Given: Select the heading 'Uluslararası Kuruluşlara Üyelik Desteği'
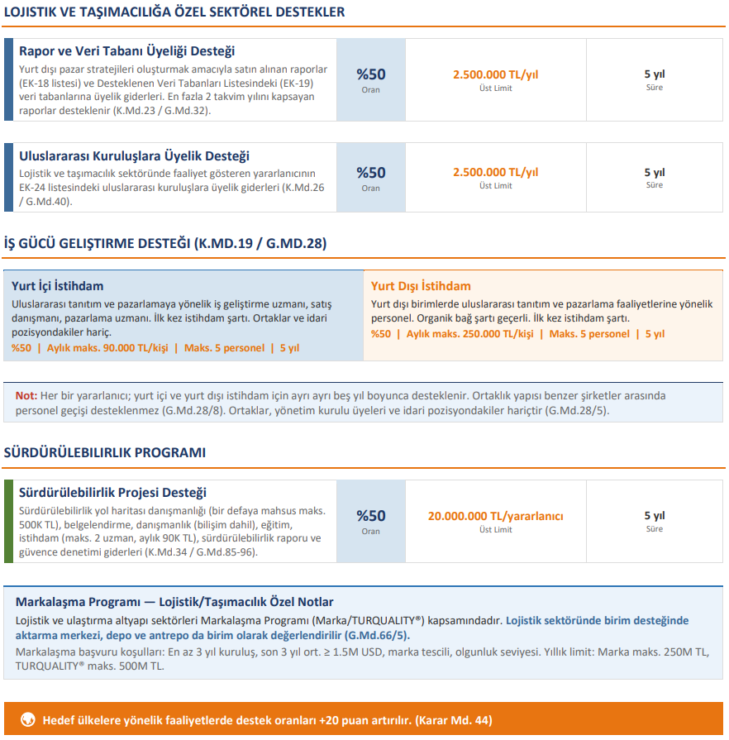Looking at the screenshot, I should coord(134,155).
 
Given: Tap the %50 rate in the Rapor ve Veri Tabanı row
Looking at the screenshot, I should coord(370,74).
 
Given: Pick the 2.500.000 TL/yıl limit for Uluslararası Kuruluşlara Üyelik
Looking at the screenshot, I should coord(495,172).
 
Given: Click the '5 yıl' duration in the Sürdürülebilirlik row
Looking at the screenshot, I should coord(654,515).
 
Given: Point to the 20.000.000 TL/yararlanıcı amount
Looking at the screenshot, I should coord(495,516).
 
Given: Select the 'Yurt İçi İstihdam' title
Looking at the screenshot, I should coord(58,286).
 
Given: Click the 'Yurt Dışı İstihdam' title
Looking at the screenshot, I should coord(421,286).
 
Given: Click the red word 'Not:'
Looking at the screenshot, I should coord(26,395).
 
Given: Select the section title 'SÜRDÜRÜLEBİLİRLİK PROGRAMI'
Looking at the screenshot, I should coord(105,453).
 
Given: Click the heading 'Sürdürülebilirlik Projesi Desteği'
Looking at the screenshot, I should coord(112,493).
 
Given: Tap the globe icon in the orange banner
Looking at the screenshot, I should coord(27,719).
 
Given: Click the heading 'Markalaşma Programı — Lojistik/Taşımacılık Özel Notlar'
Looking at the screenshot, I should coord(174,602).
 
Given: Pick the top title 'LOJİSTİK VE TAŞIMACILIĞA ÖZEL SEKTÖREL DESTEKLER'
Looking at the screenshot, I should coord(174,12).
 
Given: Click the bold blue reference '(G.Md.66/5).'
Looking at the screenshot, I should coord(377,636).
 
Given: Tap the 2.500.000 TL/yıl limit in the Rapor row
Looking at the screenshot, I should coord(495,74).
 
